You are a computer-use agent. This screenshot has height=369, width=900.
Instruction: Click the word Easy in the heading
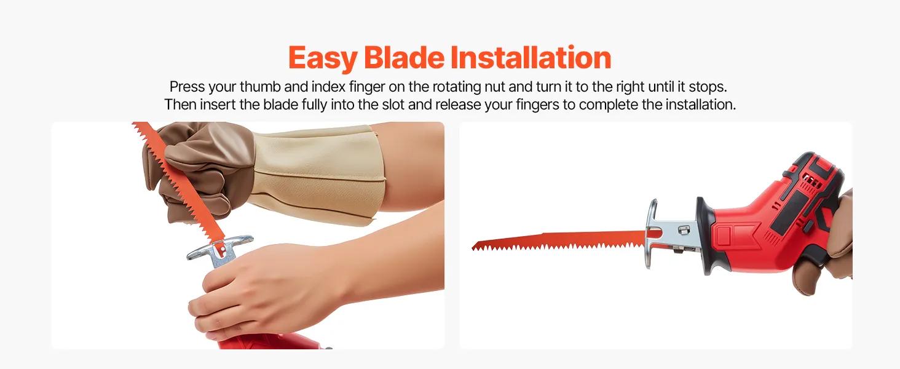tap(322, 58)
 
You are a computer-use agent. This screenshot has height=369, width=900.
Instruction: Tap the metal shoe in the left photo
tap(220, 250)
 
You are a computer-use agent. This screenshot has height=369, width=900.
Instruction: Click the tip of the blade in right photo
tap(473, 248)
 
